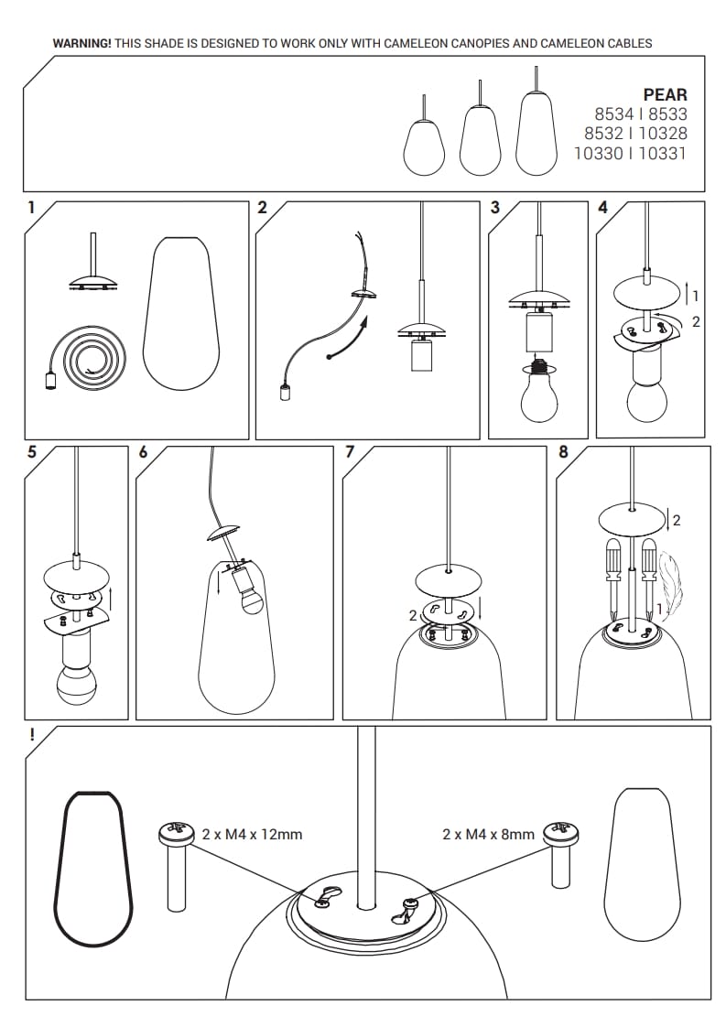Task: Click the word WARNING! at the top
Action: pos(81,44)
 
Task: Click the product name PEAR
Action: pos(665,95)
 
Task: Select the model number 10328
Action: pos(663,134)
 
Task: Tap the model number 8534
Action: pos(614,114)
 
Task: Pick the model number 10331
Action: pos(663,153)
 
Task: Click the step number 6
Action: pos(144,452)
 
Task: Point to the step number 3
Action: pos(494,208)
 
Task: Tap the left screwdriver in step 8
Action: pos(613,578)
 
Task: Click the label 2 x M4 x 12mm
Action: pos(253,835)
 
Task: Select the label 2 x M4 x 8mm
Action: pos(488,835)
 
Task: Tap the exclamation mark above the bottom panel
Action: pos(32,735)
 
